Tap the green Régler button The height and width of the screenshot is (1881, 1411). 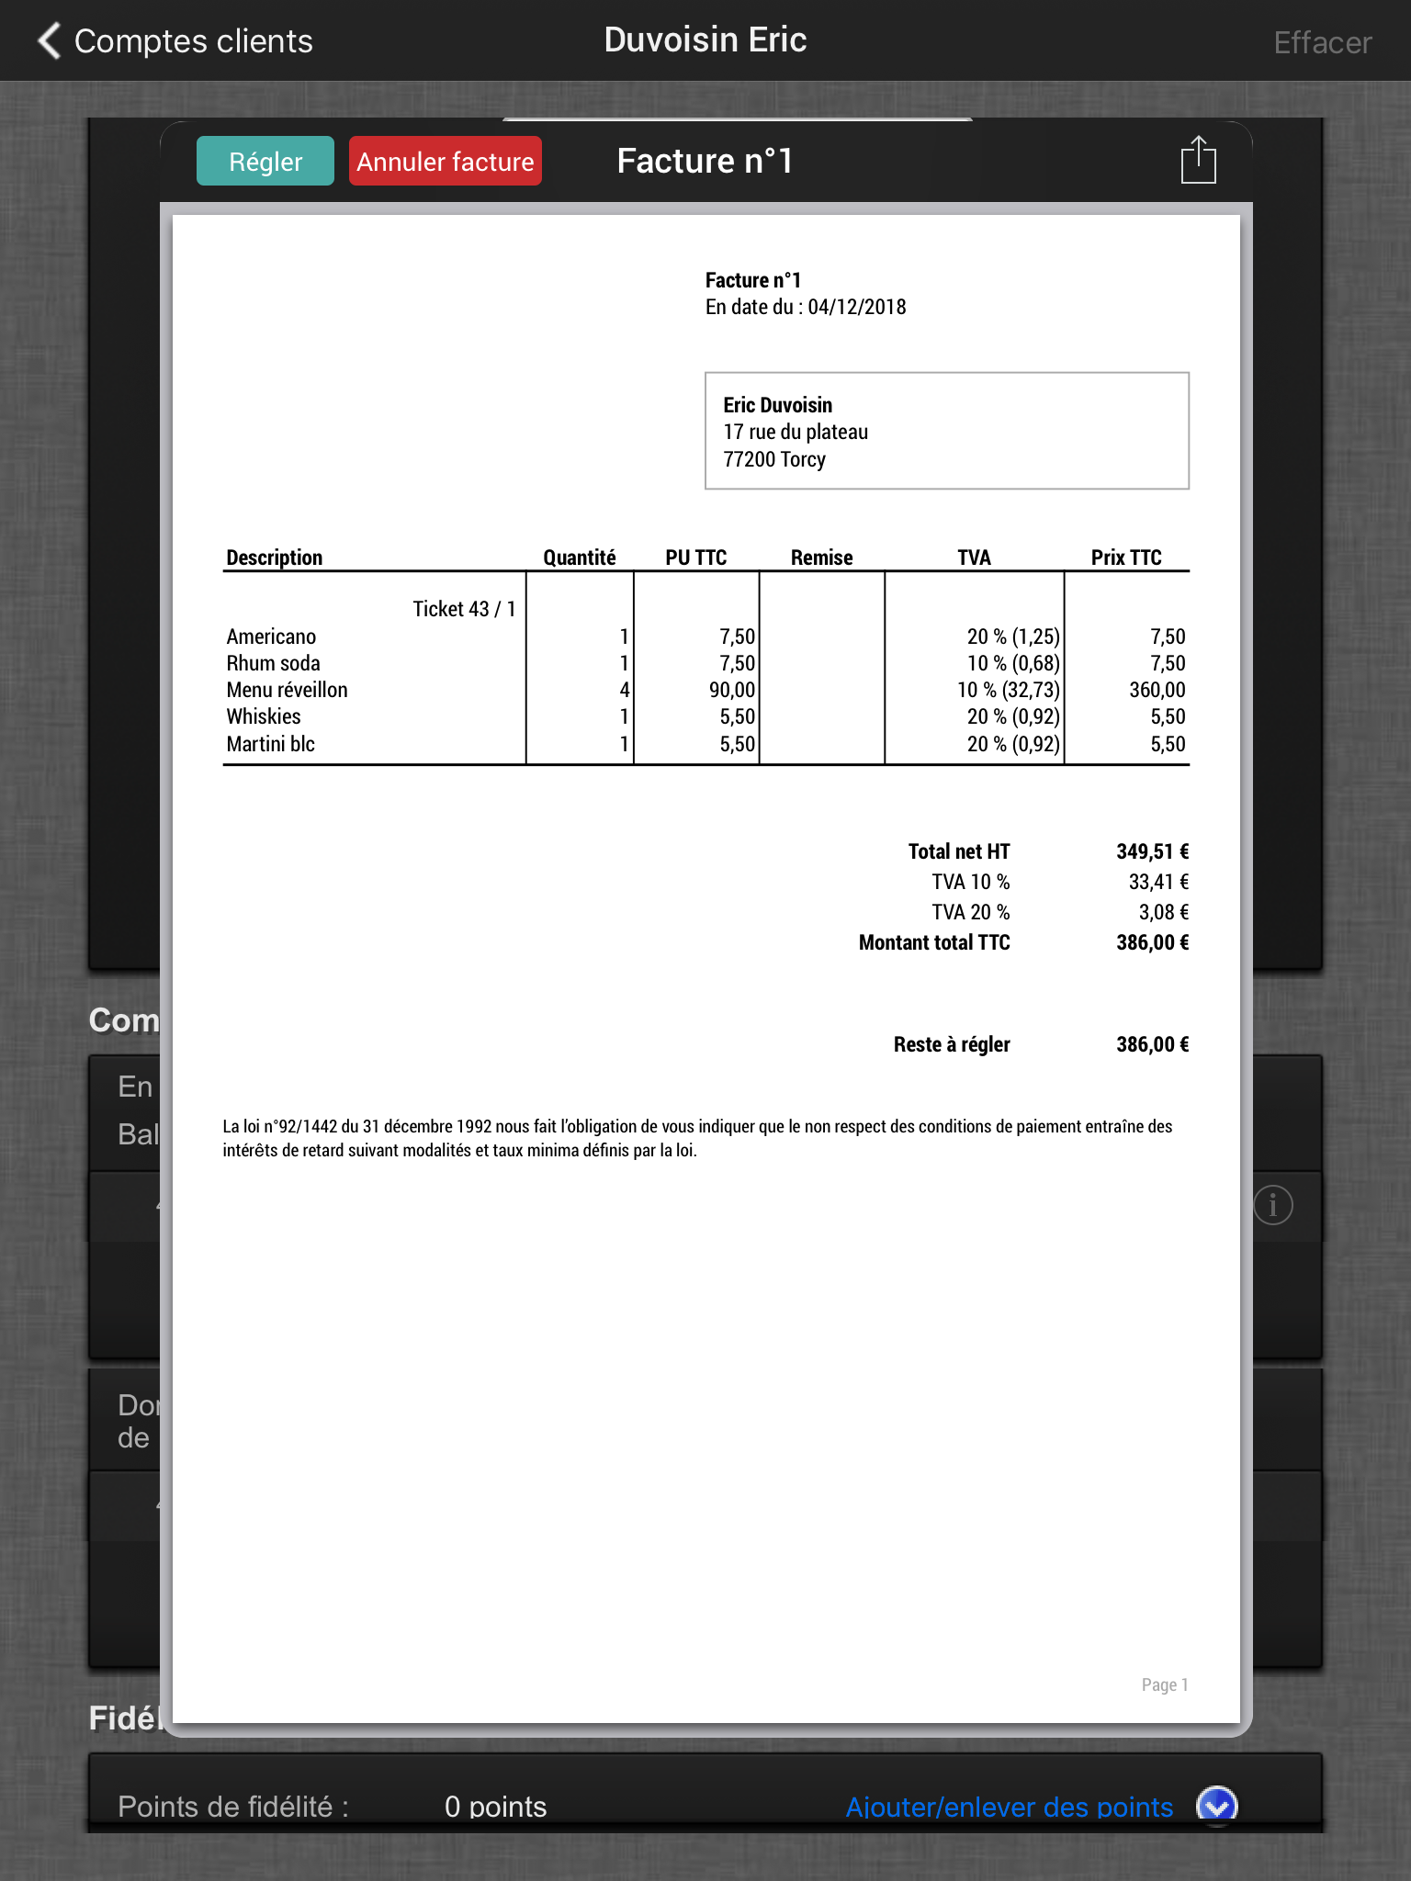point(265,162)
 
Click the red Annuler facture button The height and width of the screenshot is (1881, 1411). point(445,162)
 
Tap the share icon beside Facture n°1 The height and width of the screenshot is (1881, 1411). point(1198,161)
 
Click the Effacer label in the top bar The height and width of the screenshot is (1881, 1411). point(1322,42)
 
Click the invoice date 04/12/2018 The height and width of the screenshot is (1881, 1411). point(856,307)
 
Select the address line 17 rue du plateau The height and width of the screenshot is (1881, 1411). point(796,432)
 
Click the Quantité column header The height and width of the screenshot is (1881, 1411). point(579,558)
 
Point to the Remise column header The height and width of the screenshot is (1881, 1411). point(821,558)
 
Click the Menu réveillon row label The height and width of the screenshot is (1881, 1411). point(287,690)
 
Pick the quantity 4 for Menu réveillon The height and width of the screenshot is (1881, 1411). point(624,690)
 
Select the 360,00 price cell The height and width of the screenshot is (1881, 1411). point(1157,690)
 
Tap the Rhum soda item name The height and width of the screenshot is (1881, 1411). point(273,663)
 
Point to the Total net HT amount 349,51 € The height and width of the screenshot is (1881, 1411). point(1152,851)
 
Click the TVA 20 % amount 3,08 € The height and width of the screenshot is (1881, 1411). point(1163,912)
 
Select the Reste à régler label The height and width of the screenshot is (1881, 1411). point(952,1044)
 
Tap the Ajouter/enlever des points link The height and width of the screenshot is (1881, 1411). point(1009,1807)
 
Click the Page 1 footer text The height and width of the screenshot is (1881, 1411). point(1164,1684)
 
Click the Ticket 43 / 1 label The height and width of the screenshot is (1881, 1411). point(464,609)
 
